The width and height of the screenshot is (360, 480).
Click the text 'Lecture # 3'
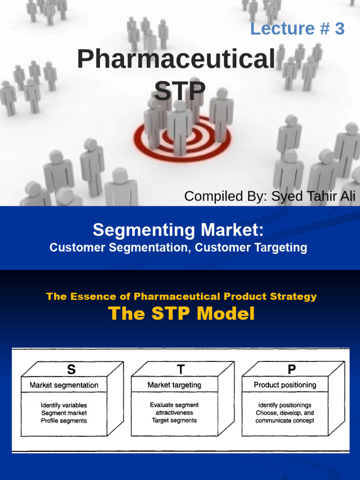[x=297, y=29]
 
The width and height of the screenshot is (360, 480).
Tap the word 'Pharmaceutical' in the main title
[x=176, y=60]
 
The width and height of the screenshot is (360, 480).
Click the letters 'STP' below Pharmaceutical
[x=180, y=91]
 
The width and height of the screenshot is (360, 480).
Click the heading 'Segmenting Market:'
[x=178, y=230]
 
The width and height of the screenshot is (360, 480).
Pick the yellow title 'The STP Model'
[x=181, y=314]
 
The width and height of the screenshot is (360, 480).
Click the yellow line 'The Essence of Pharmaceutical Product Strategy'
[x=181, y=296]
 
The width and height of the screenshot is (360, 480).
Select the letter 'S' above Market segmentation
[x=71, y=370]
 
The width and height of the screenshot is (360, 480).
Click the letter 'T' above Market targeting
[x=181, y=370]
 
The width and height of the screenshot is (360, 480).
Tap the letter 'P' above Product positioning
[x=292, y=370]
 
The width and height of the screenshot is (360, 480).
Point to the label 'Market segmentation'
[x=64, y=385]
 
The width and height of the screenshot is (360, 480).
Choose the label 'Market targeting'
[x=174, y=385]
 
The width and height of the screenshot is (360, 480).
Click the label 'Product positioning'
[x=285, y=385]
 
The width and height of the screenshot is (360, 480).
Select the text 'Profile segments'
[x=64, y=421]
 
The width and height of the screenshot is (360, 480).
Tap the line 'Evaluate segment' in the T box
[x=174, y=405]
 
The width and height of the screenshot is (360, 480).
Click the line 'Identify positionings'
[x=285, y=405]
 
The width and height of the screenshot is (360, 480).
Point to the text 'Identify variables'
[x=64, y=405]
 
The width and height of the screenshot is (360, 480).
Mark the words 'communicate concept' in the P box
[x=285, y=421]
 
